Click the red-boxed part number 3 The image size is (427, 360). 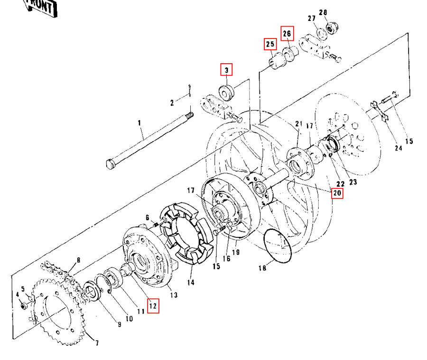(x=227, y=70)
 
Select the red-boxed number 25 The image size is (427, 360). (x=270, y=44)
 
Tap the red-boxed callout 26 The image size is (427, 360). (x=287, y=33)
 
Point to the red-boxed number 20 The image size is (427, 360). (x=337, y=193)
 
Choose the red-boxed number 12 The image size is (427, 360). (x=153, y=306)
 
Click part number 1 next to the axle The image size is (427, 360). (x=139, y=123)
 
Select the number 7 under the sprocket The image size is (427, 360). (x=97, y=342)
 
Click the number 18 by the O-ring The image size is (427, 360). (x=262, y=268)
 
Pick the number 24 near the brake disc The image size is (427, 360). (x=398, y=148)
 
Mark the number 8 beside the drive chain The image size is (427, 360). (x=78, y=260)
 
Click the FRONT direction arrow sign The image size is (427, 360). (x=42, y=7)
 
